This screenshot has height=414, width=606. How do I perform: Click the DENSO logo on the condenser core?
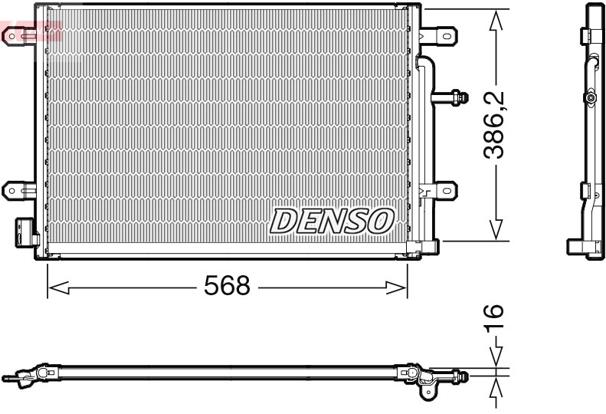coord(331,221)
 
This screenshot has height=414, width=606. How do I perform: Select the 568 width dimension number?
coord(227,287)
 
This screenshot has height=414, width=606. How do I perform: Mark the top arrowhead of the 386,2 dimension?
coord(496,21)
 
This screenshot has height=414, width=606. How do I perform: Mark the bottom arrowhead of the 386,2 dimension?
coord(496,228)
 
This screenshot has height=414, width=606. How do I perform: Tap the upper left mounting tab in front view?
coord(18,34)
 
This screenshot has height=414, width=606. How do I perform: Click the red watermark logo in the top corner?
coord(31,32)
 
